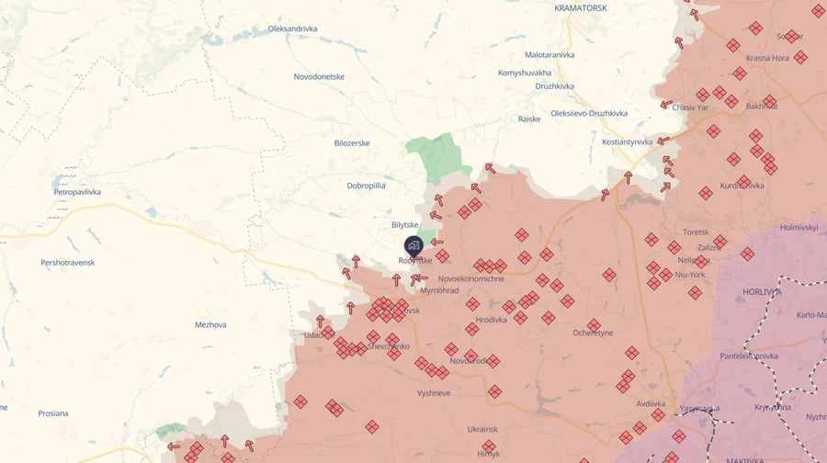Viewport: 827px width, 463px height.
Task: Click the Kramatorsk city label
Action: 581,8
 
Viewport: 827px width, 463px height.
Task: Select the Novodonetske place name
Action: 319,76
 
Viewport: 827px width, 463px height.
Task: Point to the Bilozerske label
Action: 352,143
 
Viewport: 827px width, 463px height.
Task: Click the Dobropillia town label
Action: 366,186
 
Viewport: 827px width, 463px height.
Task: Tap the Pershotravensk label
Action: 67,263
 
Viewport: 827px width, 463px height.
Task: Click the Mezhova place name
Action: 210,324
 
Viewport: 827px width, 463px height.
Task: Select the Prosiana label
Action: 53,413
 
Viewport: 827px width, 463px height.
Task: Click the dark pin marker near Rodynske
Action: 413,245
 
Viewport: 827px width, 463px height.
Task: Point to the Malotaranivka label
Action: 549,55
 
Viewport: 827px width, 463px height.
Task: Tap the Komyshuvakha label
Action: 525,73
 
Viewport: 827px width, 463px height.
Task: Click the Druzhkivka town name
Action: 554,86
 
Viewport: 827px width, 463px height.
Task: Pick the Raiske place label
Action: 529,119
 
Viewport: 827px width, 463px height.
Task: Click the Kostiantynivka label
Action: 627,141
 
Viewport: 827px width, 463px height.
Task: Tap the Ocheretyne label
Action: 593,333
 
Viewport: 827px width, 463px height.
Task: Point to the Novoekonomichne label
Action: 471,278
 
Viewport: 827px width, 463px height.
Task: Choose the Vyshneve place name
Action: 434,392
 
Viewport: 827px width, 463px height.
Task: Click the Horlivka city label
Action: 761,292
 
